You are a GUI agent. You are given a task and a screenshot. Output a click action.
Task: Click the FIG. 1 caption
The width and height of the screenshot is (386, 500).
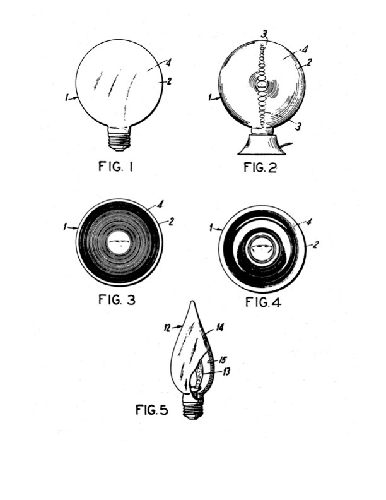(115, 166)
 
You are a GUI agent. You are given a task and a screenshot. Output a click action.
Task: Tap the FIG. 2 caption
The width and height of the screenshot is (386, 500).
(260, 167)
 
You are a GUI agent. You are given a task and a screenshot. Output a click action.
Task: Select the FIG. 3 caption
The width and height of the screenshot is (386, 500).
(117, 300)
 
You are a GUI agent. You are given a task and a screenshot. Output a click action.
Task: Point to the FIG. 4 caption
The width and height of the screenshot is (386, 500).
(263, 302)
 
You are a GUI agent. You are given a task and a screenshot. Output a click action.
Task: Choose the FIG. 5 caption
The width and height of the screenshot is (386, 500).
(151, 410)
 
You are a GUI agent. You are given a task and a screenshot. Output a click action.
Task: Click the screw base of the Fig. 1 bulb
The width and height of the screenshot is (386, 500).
(119, 139)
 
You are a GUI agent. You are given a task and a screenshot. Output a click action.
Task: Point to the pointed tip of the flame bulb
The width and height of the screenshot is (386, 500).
(192, 301)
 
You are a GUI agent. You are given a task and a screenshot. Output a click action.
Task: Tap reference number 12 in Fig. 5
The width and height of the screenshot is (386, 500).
(168, 328)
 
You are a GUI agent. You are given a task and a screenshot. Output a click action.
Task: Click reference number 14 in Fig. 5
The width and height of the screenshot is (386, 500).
(219, 327)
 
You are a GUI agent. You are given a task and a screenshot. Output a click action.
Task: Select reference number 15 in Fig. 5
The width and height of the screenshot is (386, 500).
(222, 360)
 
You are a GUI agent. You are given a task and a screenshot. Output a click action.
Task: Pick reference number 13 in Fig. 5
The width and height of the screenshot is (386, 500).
(226, 372)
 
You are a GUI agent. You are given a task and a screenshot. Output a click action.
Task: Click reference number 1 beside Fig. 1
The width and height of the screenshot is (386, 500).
(67, 98)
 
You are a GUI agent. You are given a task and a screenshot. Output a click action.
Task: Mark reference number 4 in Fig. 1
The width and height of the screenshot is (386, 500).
(168, 62)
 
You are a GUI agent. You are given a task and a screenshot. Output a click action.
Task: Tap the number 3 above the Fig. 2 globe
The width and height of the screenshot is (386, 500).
(264, 34)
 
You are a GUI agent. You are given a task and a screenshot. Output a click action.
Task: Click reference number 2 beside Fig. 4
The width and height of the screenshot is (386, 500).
(315, 244)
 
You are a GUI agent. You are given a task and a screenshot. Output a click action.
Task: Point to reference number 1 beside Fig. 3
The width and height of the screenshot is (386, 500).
(65, 227)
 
